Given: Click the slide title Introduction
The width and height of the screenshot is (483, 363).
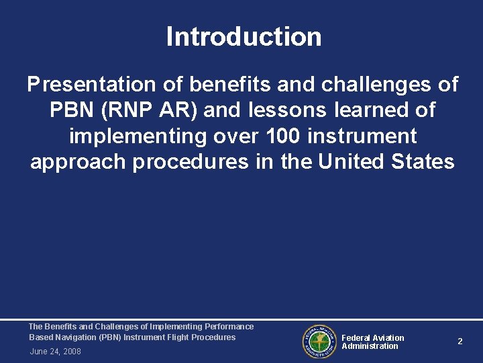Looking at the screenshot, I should [x=244, y=36].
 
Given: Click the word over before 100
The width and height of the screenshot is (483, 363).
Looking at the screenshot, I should [x=237, y=136].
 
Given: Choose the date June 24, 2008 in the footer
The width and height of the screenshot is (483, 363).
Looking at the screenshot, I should [x=55, y=352].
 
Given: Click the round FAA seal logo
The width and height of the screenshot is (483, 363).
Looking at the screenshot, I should [x=319, y=342].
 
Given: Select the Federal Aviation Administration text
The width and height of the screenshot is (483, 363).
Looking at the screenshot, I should [x=372, y=342].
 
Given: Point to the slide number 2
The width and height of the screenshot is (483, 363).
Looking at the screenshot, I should [x=460, y=341].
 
